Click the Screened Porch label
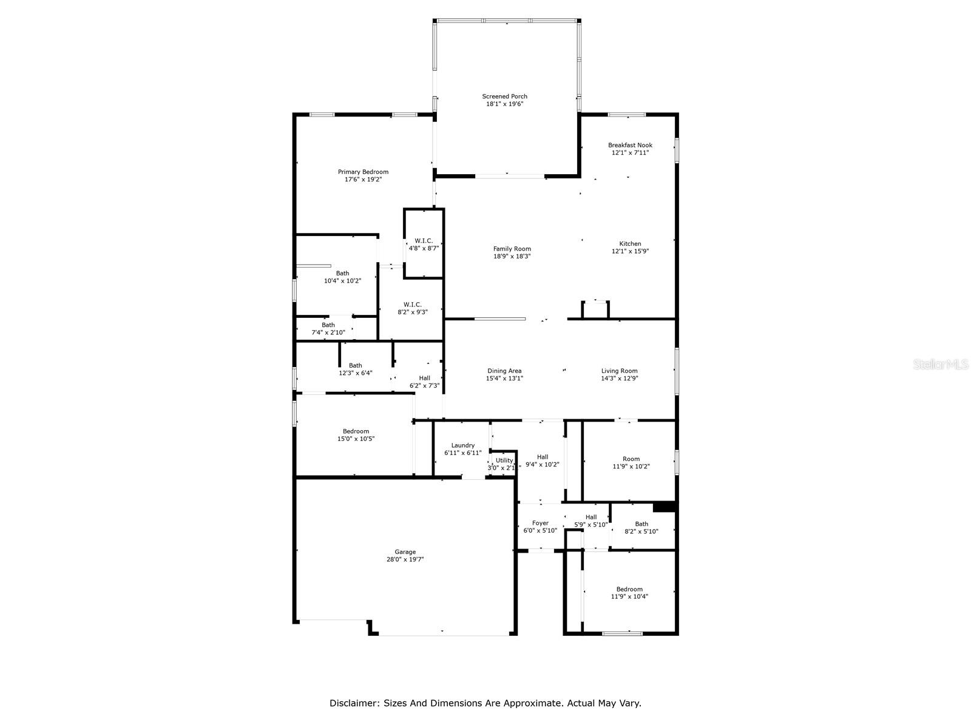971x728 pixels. (x=504, y=96)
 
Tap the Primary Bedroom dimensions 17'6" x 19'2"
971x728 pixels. (x=363, y=180)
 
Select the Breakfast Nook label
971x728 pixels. (x=630, y=145)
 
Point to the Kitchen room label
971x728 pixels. (x=630, y=244)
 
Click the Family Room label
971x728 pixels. (x=512, y=249)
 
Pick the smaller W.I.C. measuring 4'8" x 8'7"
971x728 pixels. (x=424, y=244)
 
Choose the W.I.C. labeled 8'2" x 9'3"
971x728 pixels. (x=413, y=308)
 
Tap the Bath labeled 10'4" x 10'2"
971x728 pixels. (x=342, y=277)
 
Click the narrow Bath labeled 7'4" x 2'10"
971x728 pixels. (x=328, y=329)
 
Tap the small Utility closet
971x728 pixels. (x=504, y=464)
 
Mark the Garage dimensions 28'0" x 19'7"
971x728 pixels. (x=405, y=559)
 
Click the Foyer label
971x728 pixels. (x=540, y=523)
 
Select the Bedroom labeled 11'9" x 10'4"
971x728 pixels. (x=629, y=593)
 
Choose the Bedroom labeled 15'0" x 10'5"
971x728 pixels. (x=356, y=435)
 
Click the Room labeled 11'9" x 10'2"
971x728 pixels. (x=631, y=463)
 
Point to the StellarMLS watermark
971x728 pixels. (x=940, y=365)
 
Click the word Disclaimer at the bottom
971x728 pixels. (x=354, y=703)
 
